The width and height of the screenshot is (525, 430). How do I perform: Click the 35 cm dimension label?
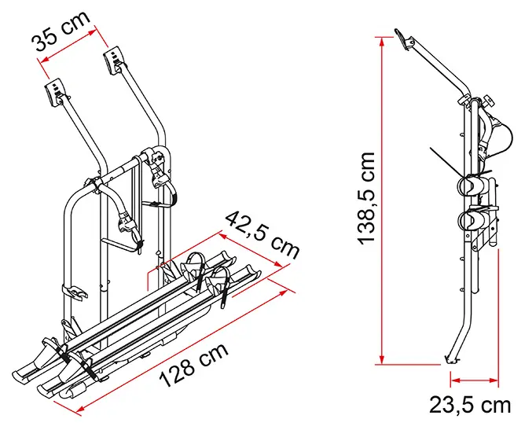tap(61, 31)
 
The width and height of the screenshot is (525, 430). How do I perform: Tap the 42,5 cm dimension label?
tap(262, 235)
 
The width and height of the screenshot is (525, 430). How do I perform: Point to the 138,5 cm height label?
tap(365, 198)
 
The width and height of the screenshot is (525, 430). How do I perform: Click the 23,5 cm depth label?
tap(470, 405)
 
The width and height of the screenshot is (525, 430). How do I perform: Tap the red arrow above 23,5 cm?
tap(475, 380)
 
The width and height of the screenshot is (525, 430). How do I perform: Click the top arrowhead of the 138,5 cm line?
tap(382, 41)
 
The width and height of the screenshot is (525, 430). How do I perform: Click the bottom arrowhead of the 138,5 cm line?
tap(382, 359)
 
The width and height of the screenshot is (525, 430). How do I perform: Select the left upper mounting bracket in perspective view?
tap(54, 92)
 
